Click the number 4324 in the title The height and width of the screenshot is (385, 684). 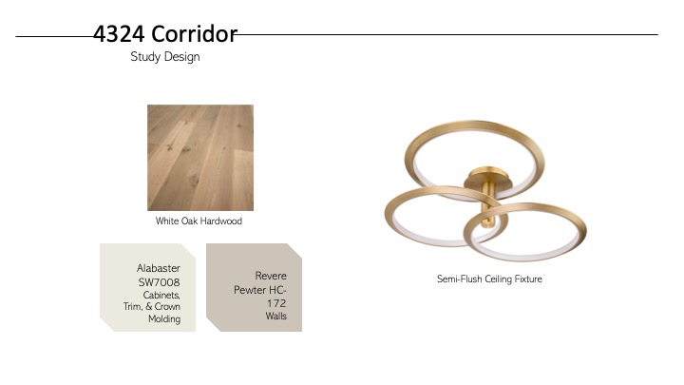(x=119, y=34)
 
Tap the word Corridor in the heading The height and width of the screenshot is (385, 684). (x=195, y=34)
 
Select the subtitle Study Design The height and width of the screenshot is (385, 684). (x=165, y=57)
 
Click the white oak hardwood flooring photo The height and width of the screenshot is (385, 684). (x=200, y=158)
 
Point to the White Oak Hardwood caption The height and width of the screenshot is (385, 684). (x=199, y=221)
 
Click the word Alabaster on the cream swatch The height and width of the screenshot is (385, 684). (x=159, y=268)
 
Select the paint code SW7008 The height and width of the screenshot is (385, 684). (x=160, y=282)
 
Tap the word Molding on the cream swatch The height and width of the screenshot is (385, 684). (x=164, y=319)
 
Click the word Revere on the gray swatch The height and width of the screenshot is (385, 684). (x=271, y=276)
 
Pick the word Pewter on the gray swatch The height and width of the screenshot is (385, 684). (x=249, y=290)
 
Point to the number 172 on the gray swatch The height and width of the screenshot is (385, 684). (x=276, y=303)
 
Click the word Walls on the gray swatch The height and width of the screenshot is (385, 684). (x=276, y=316)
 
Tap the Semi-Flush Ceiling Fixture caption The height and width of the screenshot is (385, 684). (x=489, y=279)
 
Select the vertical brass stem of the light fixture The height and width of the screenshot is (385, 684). (x=488, y=206)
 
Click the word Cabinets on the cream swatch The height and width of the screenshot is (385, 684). (x=161, y=295)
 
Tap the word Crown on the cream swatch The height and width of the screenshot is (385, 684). (x=167, y=306)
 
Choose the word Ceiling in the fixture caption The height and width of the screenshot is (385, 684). (x=499, y=279)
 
